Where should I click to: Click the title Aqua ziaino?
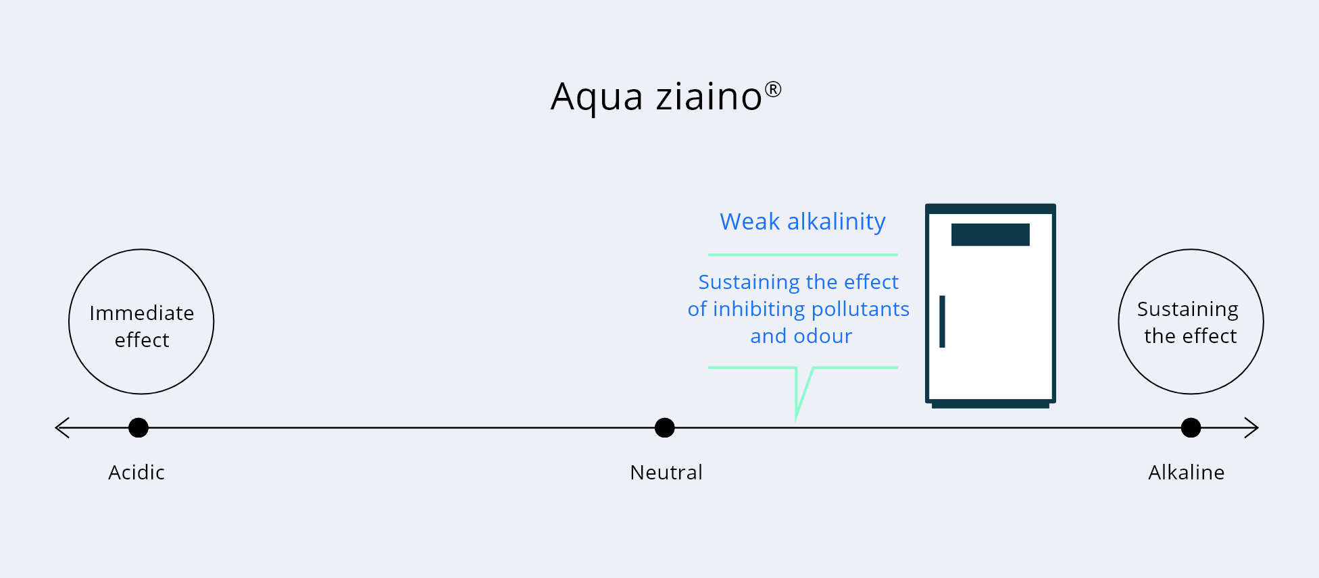coord(666,97)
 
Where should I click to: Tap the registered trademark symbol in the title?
coord(773,90)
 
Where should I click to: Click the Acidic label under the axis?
coord(136,472)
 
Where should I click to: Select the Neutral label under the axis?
coord(666,472)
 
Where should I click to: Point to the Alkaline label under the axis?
coord(1187,472)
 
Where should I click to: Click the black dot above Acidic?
coord(139,427)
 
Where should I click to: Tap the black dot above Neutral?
coord(665,427)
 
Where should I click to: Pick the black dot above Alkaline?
coord(1191,427)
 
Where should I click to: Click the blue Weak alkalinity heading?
coord(803,221)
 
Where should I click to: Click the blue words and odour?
coord(801,336)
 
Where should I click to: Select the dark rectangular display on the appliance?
coord(991,234)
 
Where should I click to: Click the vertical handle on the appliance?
coord(942,321)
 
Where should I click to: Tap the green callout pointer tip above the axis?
coord(797,420)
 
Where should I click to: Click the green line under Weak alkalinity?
coord(803,255)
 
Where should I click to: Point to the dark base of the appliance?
coord(991,405)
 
